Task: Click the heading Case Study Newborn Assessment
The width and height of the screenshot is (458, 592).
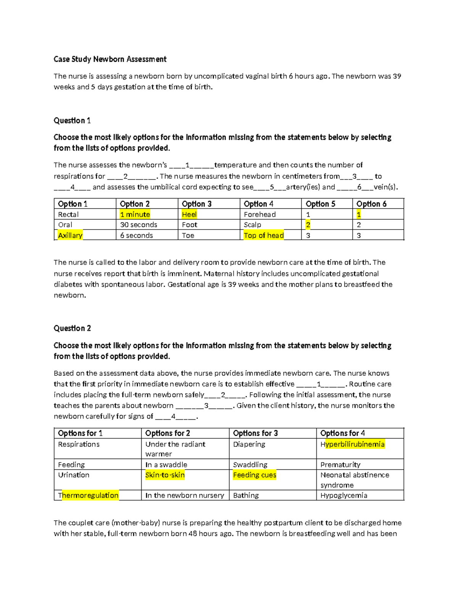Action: click(x=110, y=59)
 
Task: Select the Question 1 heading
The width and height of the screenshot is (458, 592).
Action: click(x=72, y=120)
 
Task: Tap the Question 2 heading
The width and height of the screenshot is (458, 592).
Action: click(x=72, y=328)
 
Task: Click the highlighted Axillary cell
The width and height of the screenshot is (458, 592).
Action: click(x=70, y=235)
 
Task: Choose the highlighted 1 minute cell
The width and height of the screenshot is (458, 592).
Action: click(x=135, y=214)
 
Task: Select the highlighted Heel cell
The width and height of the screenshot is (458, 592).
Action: click(x=189, y=214)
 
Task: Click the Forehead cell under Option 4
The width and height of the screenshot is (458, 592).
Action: click(x=260, y=214)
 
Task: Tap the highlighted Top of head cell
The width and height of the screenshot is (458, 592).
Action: click(x=264, y=235)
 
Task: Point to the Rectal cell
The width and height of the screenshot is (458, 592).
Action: click(x=68, y=214)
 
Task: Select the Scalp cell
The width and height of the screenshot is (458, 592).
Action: click(x=252, y=225)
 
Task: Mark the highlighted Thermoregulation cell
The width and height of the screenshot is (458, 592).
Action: click(x=88, y=495)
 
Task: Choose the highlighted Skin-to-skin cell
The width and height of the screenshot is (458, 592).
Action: click(x=165, y=475)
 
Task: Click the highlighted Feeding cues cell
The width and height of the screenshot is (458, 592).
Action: click(x=255, y=475)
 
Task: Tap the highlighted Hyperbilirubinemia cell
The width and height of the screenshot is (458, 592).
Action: click(x=353, y=444)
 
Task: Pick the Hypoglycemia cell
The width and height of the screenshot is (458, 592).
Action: click(x=343, y=495)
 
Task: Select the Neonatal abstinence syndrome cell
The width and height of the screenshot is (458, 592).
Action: click(x=355, y=480)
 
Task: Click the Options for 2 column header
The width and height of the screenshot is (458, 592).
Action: click(x=168, y=433)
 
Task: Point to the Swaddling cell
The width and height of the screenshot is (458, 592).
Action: click(x=250, y=464)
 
